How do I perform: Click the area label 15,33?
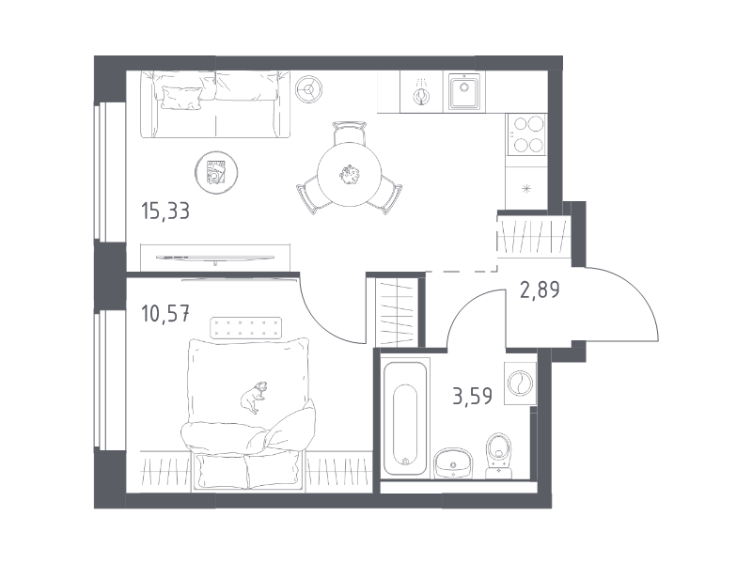click(165, 211)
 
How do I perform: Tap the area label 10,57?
click(165, 314)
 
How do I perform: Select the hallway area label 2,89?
click(540, 290)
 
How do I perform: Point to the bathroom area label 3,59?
click(473, 396)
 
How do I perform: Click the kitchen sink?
click(464, 91)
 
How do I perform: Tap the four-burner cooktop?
click(527, 134)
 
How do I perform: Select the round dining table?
click(349, 174)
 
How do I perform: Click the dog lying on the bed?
click(254, 396)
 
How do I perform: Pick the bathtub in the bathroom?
click(405, 418)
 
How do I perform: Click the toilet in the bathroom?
click(499, 456)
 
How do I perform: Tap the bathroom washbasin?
click(453, 463)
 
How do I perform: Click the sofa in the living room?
click(215, 104)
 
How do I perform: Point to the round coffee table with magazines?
click(216, 173)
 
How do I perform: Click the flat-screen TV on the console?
click(215, 258)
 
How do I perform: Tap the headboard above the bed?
click(246, 327)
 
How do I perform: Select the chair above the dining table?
click(349, 133)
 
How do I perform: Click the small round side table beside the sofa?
click(308, 88)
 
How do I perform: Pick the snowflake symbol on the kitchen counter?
click(527, 189)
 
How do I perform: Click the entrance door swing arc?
click(638, 292)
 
